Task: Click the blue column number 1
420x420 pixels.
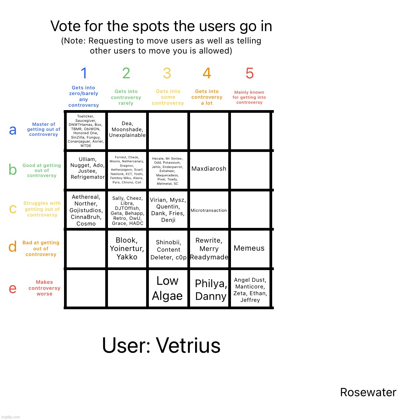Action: [84, 73]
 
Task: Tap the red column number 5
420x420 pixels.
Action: [249, 73]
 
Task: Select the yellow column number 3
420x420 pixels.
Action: [167, 73]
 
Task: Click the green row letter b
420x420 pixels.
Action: [13, 170]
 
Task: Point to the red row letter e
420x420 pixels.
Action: [13, 288]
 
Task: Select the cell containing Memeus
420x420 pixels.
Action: [249, 248]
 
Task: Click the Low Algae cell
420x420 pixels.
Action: [167, 288]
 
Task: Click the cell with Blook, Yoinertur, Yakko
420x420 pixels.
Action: [127, 249]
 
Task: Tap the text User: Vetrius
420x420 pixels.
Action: [161, 345]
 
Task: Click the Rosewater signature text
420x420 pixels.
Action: [368, 392]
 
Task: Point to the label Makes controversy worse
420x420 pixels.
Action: [44, 288]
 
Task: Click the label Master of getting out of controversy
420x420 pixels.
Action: [44, 130]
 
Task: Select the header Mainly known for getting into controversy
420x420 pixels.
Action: [249, 97]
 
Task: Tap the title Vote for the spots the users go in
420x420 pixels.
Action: [161, 26]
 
